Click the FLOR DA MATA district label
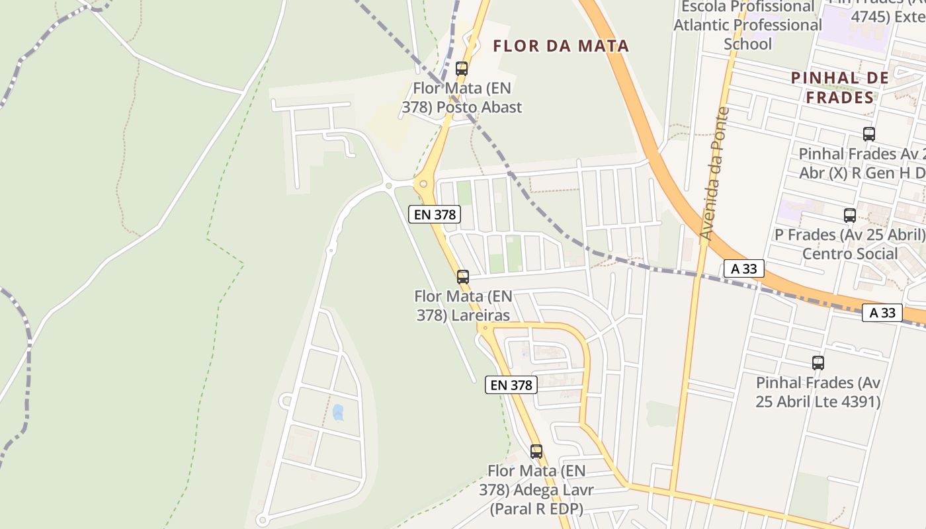click(561, 46)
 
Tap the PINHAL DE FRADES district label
click(841, 88)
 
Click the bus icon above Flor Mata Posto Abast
click(462, 68)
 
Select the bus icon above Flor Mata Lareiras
click(463, 276)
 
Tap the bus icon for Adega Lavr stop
click(536, 452)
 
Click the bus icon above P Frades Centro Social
click(850, 215)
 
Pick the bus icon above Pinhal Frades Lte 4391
click(818, 362)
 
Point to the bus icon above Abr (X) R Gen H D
click(869, 134)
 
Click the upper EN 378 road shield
click(434, 214)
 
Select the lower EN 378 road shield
click(511, 385)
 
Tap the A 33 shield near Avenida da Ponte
click(743, 268)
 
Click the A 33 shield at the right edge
click(882, 313)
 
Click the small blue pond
click(338, 413)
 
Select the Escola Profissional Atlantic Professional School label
click(747, 25)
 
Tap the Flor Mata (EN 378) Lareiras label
click(463, 305)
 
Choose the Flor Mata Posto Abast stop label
click(462, 98)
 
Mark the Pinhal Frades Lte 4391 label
click(818, 392)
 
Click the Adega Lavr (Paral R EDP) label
click(536, 490)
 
